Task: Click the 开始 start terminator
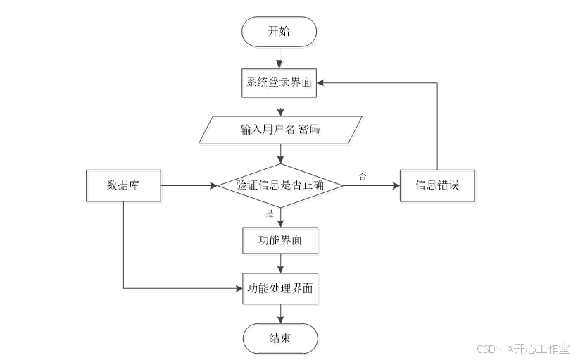coord(279,31)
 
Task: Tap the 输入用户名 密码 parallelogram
coord(281,130)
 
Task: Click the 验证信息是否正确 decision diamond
coord(280,186)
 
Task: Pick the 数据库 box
coord(123,186)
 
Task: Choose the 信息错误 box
coord(436,186)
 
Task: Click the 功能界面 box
coord(279,240)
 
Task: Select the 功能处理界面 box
coord(280,288)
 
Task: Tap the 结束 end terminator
coord(279,338)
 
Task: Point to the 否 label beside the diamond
coord(363,176)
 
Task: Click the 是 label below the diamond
coord(269,213)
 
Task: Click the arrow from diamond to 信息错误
coord(371,186)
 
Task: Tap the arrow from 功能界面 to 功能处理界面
coord(280,263)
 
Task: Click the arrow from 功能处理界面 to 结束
coord(280,314)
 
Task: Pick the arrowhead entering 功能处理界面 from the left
coord(239,288)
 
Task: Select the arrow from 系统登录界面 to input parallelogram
coord(280,106)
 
